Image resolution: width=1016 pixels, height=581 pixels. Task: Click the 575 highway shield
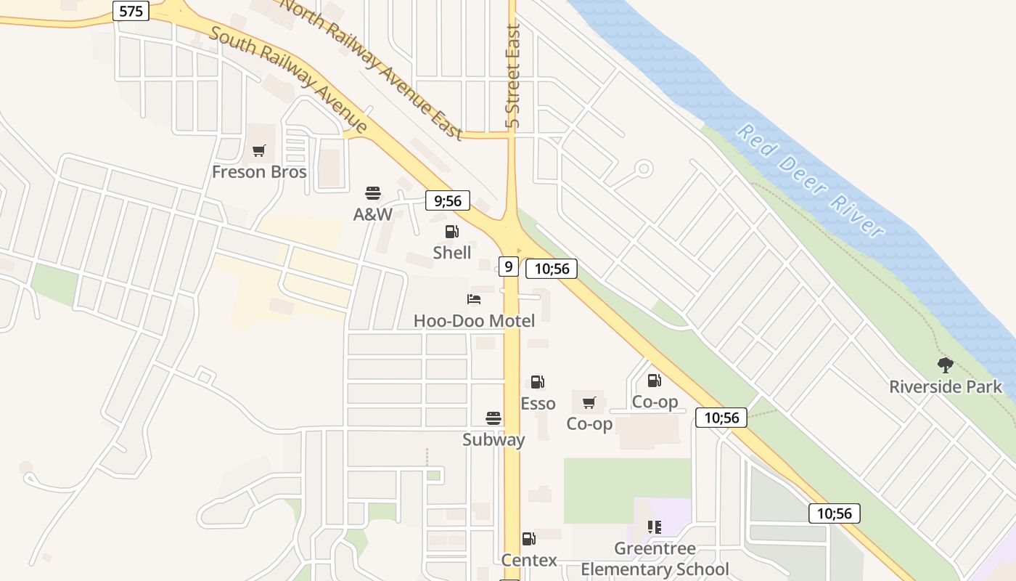(x=131, y=11)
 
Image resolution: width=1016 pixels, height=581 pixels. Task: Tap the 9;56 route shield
(x=448, y=200)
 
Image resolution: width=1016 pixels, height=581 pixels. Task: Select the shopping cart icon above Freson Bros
(x=259, y=151)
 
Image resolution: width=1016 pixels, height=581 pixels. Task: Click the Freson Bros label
(x=259, y=172)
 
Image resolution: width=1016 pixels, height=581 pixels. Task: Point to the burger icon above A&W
(x=373, y=193)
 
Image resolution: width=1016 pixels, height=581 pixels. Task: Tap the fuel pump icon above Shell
(x=451, y=232)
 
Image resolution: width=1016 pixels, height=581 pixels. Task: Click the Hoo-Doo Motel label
(x=474, y=320)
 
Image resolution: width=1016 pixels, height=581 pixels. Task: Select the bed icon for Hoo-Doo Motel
(x=474, y=299)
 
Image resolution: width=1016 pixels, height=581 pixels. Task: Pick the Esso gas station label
(x=538, y=403)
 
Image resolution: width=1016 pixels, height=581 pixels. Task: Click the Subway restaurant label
(x=493, y=439)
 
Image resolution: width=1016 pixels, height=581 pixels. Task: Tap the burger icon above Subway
(x=493, y=418)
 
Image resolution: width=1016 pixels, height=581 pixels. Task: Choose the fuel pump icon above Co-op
(x=654, y=380)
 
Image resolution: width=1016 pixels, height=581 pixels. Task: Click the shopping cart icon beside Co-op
(x=589, y=402)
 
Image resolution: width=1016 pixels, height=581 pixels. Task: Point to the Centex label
(x=529, y=560)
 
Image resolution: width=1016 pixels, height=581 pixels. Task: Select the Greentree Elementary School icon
(x=654, y=527)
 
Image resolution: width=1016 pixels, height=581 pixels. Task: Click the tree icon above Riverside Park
(x=945, y=365)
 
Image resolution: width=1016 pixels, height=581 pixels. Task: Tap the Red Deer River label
(x=811, y=181)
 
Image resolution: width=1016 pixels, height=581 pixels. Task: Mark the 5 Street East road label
(x=513, y=76)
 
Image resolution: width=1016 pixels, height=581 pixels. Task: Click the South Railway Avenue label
(x=289, y=81)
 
